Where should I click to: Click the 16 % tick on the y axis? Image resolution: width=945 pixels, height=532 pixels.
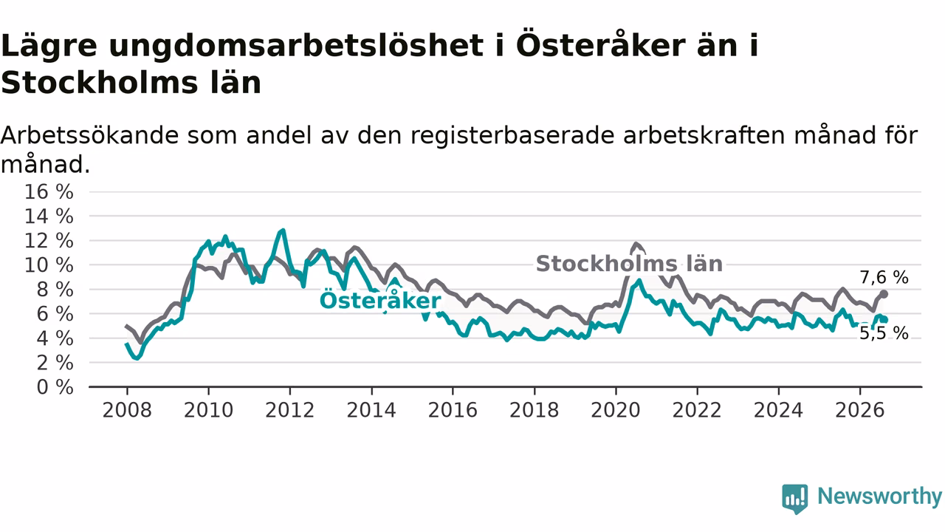(x=49, y=192)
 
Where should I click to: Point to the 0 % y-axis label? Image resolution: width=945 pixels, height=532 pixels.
(x=55, y=387)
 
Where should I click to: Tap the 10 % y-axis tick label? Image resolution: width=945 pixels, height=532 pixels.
(x=49, y=265)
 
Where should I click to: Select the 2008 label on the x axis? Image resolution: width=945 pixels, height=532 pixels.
(x=127, y=410)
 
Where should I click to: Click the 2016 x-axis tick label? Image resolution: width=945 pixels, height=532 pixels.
(x=453, y=410)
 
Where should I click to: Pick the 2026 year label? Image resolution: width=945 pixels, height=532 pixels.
(x=860, y=410)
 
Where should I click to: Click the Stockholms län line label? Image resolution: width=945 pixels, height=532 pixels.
(x=629, y=264)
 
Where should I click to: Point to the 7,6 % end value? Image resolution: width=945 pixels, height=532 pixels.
(x=884, y=278)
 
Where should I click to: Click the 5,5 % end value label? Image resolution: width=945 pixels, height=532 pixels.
(x=884, y=333)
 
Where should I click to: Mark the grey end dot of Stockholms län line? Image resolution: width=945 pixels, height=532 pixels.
(x=884, y=294)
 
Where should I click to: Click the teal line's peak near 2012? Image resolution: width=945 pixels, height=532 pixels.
(x=283, y=231)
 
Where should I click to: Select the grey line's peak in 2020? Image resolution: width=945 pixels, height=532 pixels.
(x=636, y=244)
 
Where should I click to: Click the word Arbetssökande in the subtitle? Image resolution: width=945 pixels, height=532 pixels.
(x=90, y=135)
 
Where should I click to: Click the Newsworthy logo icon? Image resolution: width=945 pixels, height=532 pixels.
(x=795, y=499)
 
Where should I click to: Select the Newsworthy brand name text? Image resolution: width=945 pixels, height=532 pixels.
(x=879, y=497)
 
